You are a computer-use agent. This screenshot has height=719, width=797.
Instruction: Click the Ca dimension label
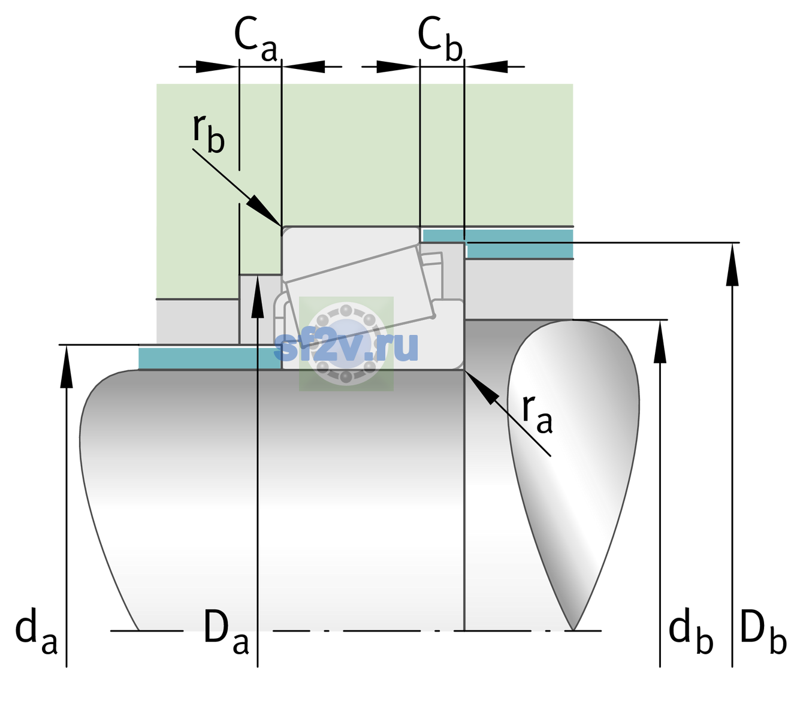point(255,39)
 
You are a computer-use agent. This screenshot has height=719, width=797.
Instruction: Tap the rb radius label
point(209,134)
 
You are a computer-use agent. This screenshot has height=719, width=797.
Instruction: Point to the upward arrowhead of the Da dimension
point(258,296)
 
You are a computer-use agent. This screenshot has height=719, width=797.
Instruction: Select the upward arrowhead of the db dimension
point(660,342)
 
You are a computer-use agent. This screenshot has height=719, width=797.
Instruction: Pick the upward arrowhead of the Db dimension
point(732,264)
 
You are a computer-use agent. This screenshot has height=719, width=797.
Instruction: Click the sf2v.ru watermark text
point(346,346)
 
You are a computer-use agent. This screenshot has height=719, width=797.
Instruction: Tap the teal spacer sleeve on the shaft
point(209,358)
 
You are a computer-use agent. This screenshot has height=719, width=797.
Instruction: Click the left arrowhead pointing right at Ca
point(217,67)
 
